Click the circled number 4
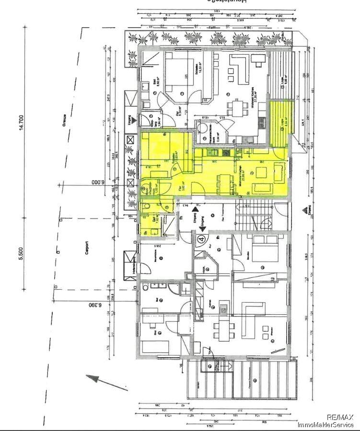coord(202,238)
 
